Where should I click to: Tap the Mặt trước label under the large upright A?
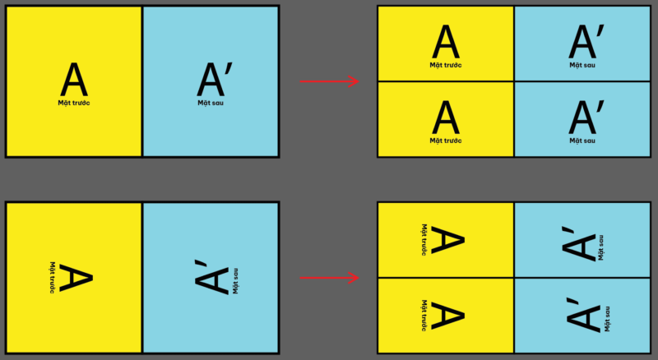(x=74, y=103)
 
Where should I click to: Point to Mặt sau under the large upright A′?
(x=211, y=103)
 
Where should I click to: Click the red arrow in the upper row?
(x=329, y=81)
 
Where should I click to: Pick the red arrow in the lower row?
(x=329, y=278)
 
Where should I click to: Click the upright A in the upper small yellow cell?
(x=446, y=42)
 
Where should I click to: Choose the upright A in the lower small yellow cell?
(x=446, y=118)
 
